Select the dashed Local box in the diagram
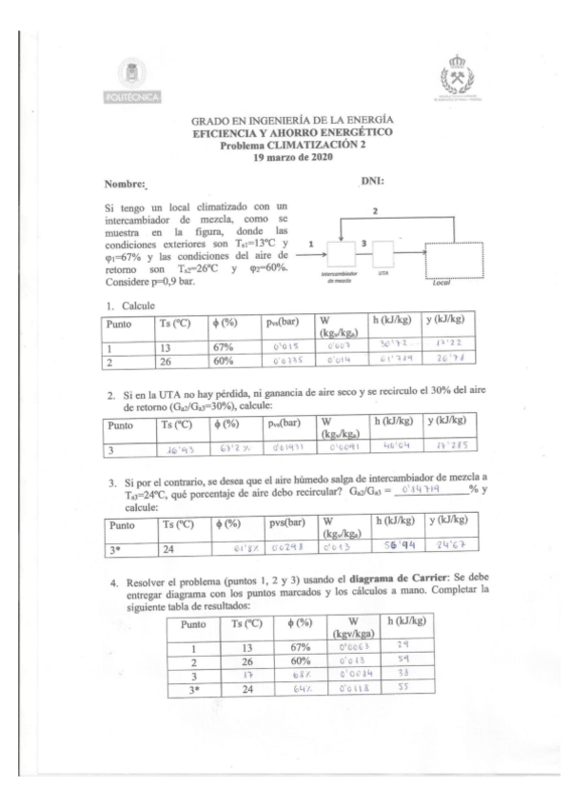(456, 259)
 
